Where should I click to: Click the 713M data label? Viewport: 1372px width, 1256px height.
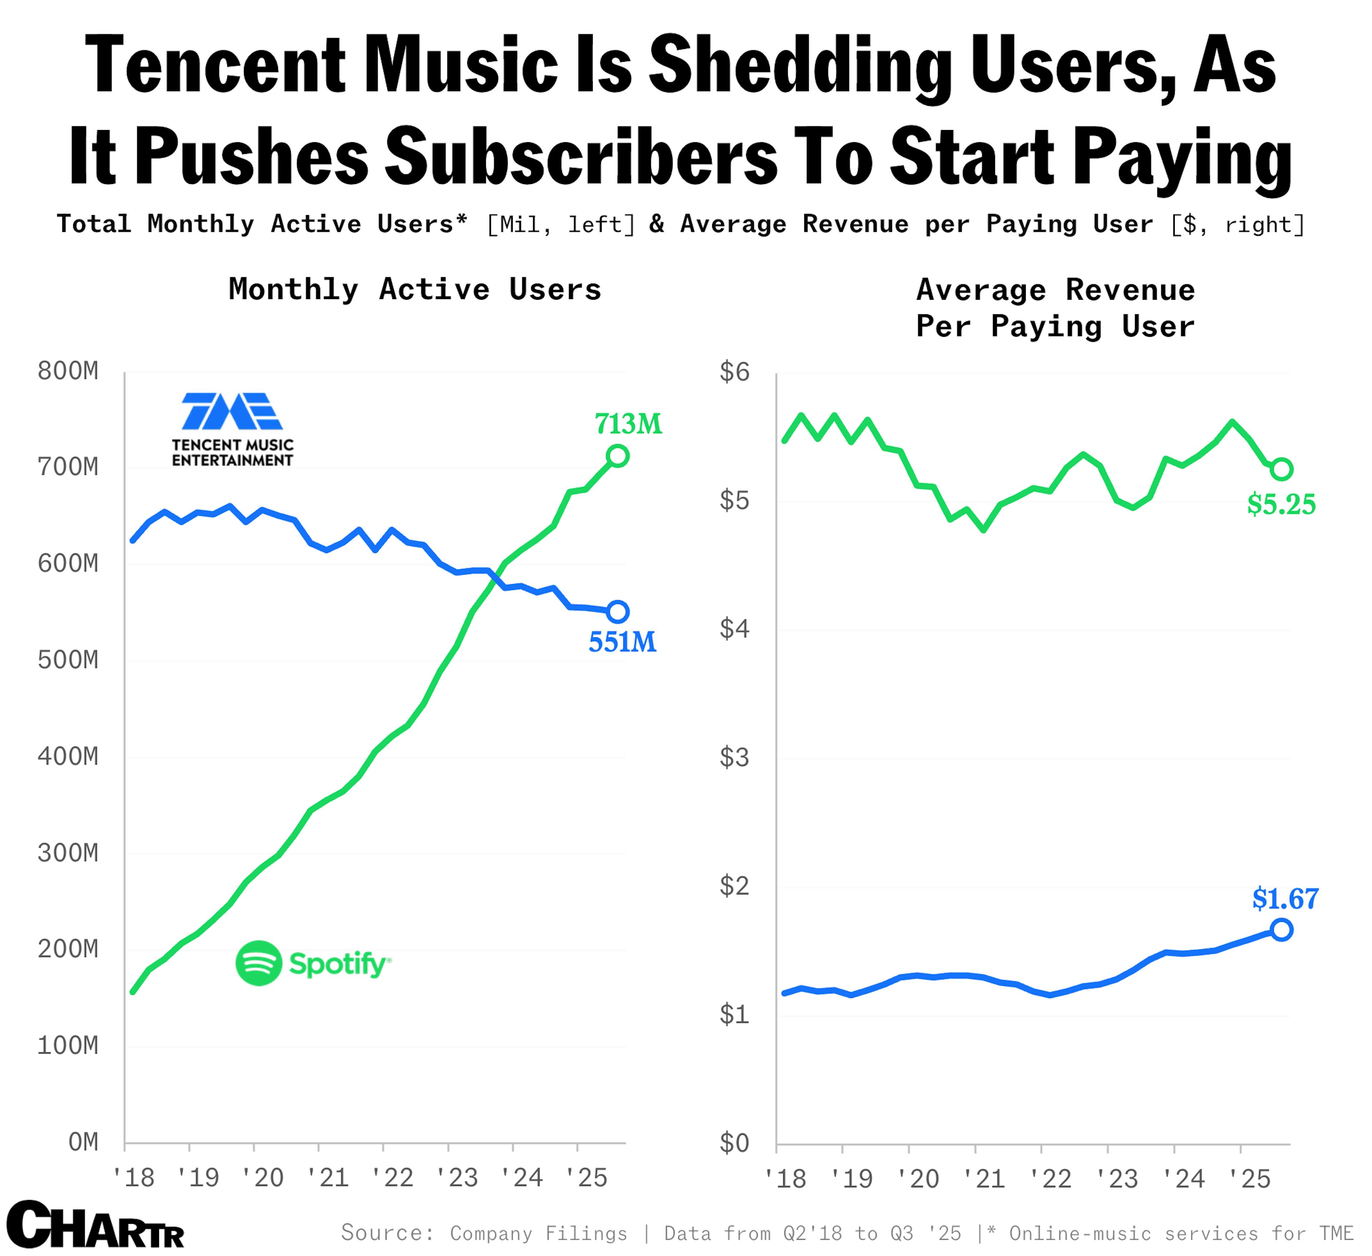[x=627, y=425]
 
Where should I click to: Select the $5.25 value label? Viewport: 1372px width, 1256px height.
[x=1281, y=505]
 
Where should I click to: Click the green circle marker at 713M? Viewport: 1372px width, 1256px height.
[x=617, y=456]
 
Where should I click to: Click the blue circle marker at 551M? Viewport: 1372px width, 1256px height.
[x=617, y=612]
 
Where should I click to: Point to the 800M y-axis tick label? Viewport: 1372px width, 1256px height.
[x=68, y=372]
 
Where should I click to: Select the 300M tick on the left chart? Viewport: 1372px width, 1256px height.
[x=68, y=853]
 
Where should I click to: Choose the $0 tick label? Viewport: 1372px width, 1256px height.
[x=734, y=1143]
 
